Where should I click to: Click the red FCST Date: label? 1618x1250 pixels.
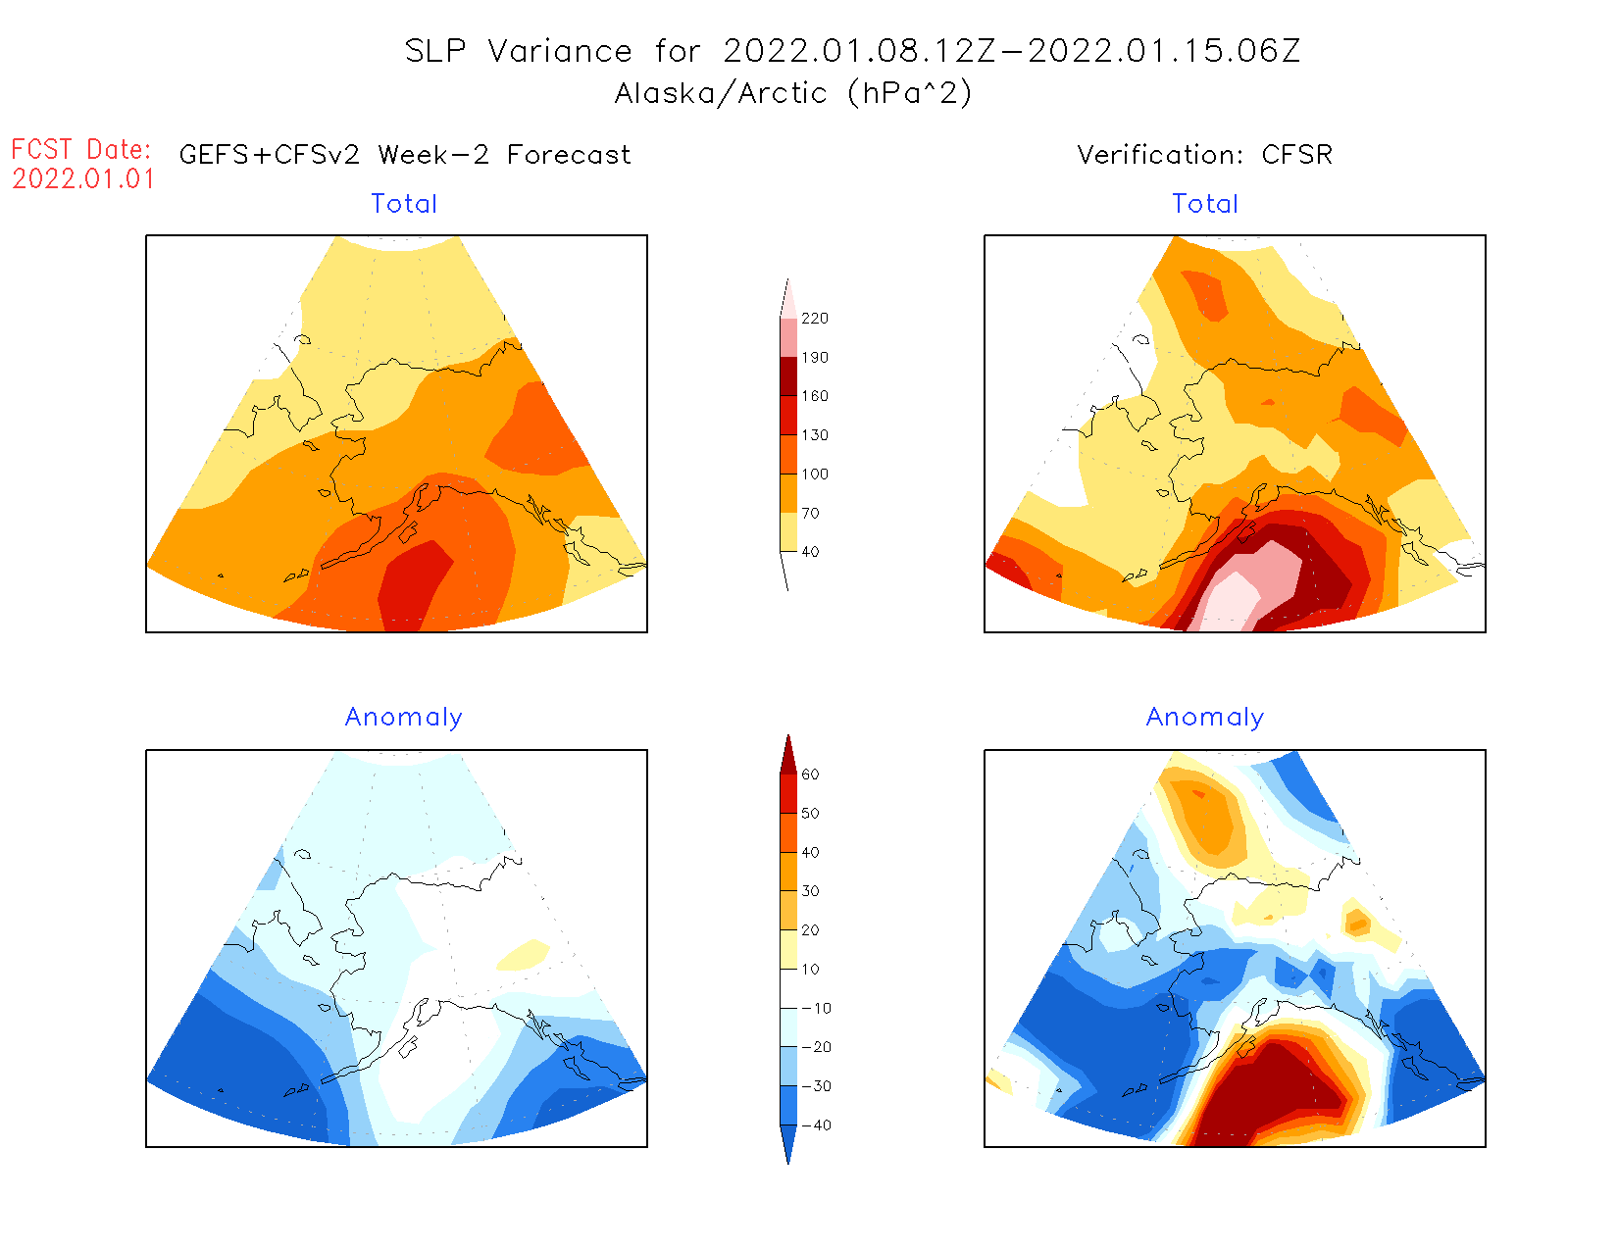pyautogui.click(x=81, y=150)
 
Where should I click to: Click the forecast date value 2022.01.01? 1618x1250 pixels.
pyautogui.click(x=83, y=179)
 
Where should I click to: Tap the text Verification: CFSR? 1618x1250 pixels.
pyautogui.click(x=1204, y=155)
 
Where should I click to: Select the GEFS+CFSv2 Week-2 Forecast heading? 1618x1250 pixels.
pyautogui.click(x=405, y=155)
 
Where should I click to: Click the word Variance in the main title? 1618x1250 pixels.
pyautogui.click(x=560, y=51)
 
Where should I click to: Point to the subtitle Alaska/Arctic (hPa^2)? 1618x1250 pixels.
pyautogui.click(x=793, y=93)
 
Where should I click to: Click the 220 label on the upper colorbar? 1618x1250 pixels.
pyautogui.click(x=814, y=319)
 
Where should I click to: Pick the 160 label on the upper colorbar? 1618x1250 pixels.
pyautogui.click(x=814, y=396)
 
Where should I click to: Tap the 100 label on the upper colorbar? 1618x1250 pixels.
pyautogui.click(x=814, y=475)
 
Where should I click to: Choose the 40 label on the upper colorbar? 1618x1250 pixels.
pyautogui.click(x=810, y=552)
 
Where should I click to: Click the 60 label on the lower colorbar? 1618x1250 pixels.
pyautogui.click(x=810, y=775)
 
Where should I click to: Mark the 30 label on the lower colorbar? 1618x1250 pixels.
pyautogui.click(x=810, y=891)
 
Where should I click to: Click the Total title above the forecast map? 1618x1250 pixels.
pyautogui.click(x=404, y=204)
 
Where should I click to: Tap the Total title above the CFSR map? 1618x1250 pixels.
pyautogui.click(x=1205, y=204)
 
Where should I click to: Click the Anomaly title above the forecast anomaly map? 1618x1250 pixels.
pyautogui.click(x=403, y=718)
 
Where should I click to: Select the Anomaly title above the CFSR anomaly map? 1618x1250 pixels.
pyautogui.click(x=1205, y=718)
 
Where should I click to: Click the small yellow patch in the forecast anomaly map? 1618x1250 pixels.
pyautogui.click(x=524, y=954)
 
